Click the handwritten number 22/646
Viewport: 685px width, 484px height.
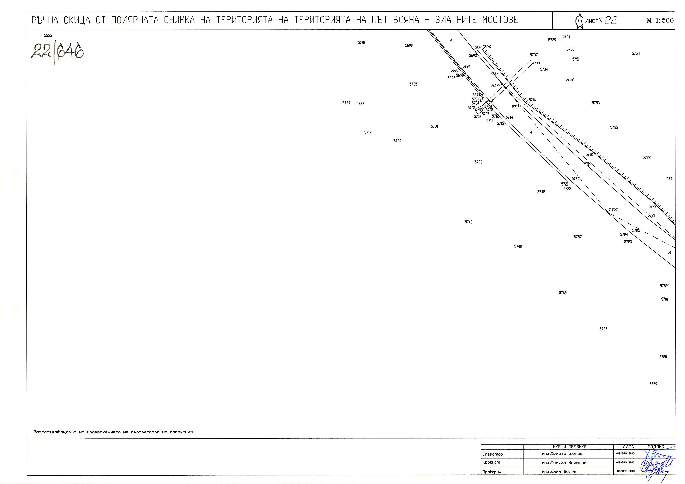57,51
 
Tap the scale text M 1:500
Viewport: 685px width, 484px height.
660,20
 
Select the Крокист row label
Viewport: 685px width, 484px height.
491,462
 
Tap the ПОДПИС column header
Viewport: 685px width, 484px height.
656,447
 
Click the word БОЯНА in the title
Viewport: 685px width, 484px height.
406,20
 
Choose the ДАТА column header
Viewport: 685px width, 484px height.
628,447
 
